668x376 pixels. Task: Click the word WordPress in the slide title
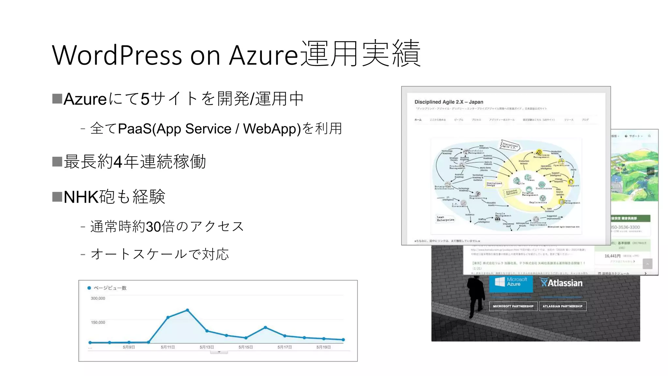117,55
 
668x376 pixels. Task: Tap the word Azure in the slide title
264,55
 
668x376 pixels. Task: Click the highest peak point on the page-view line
188,310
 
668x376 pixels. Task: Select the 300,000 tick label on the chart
98,298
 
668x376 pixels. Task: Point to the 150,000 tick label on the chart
98,322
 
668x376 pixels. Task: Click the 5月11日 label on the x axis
168,347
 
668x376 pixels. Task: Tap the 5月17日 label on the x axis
284,347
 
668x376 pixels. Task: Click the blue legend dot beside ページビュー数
89,288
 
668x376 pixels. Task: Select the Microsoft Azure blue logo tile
511,283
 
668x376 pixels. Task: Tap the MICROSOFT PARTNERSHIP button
513,306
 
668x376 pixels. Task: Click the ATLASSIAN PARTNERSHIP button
562,306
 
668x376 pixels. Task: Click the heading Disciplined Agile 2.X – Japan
448,102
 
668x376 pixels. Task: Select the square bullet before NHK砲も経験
57,197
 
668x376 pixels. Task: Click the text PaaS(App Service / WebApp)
209,129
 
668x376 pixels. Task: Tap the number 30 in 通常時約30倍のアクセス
153,227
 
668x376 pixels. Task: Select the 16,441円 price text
612,256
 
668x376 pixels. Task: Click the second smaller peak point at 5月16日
265,327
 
